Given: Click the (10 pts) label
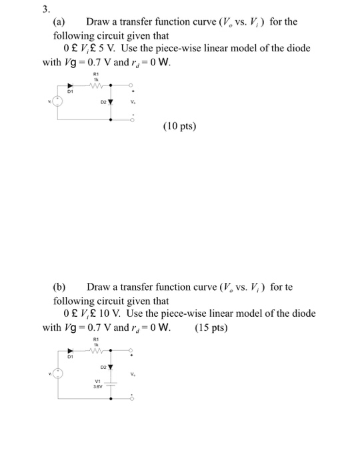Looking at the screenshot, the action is tap(179, 125).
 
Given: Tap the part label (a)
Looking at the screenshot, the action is tap(60, 22).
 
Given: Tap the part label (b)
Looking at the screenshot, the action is tap(60, 287).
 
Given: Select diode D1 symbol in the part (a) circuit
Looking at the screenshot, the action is tap(68, 85).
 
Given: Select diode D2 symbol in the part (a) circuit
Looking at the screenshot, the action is tap(110, 103).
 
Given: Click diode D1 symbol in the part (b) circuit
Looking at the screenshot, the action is tap(69, 349).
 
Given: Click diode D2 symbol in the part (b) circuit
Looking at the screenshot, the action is tap(110, 366).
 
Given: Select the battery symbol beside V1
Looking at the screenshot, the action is tap(111, 383).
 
